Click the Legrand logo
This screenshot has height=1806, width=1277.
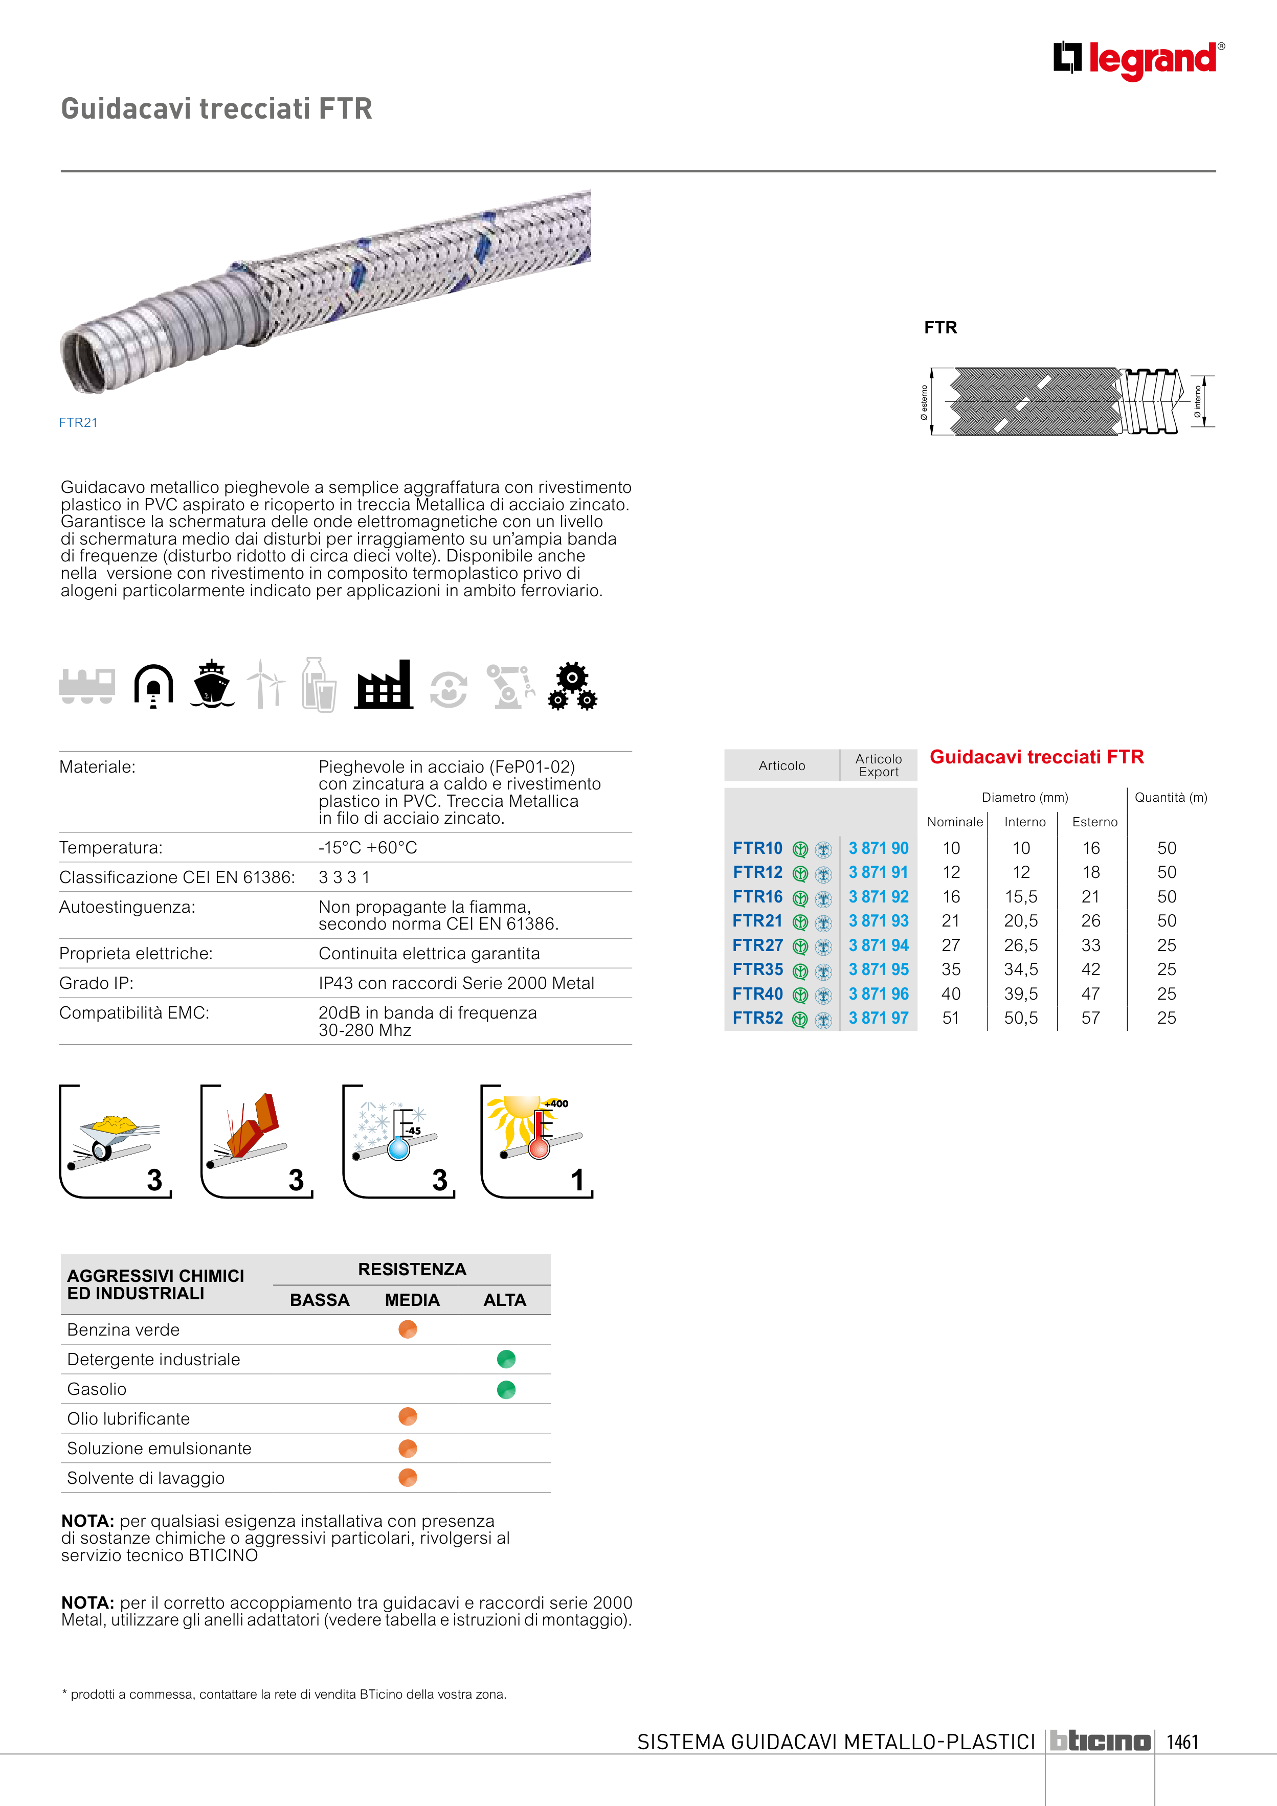click(x=1138, y=60)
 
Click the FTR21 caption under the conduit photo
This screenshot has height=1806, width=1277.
click(x=78, y=422)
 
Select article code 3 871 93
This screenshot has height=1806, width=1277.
click(x=878, y=921)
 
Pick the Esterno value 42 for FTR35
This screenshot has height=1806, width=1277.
click(x=1090, y=970)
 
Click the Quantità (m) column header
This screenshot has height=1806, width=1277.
click(x=1170, y=798)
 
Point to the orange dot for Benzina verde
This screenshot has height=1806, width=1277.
click(x=408, y=1329)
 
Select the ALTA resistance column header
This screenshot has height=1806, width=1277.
click(x=504, y=1300)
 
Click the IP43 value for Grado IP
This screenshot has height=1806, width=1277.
click(x=456, y=983)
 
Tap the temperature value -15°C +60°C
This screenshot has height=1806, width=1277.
click(x=367, y=848)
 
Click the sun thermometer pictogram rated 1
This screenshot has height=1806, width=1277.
click(x=536, y=1141)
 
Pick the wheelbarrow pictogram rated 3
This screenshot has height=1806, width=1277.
click(x=115, y=1141)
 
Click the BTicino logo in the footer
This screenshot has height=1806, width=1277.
click(x=1100, y=1742)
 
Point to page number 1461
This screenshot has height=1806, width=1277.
click(x=1182, y=1742)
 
